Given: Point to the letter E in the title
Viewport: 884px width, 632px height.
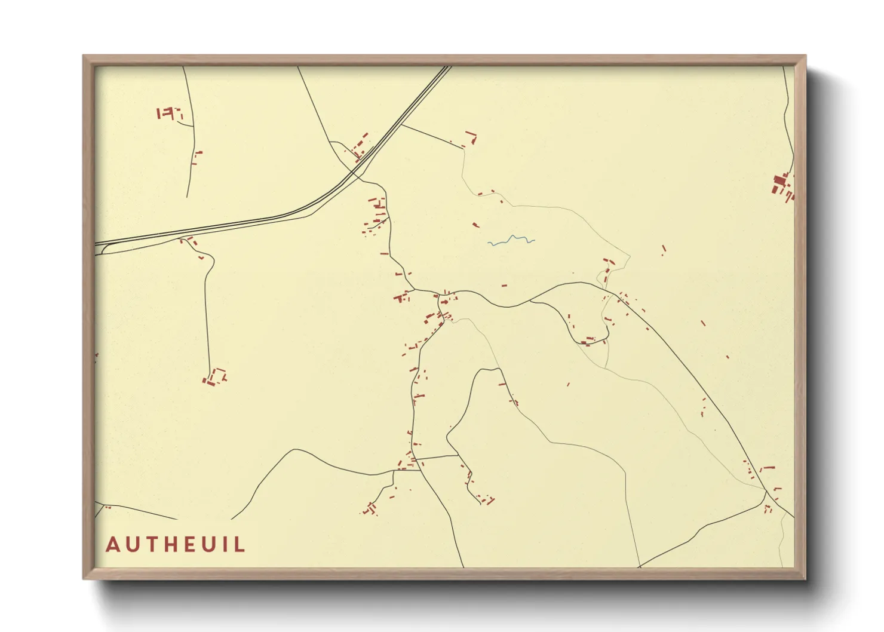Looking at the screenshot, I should (186, 545).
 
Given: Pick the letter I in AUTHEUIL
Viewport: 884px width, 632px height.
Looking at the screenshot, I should (225, 545).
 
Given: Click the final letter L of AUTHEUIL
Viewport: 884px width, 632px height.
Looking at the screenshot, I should (239, 545).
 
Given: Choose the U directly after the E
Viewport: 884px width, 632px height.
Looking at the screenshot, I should (206, 545).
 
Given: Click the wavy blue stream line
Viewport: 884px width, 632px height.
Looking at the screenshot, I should (511, 240).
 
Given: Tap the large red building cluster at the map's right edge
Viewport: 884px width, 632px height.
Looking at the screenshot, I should (781, 183).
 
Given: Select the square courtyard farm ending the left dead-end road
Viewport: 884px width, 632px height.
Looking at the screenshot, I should (216, 377).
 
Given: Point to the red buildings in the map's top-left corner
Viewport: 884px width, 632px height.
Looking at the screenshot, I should (168, 112).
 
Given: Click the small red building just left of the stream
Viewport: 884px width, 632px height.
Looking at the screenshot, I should (475, 225).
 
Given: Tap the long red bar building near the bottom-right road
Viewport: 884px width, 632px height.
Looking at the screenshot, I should (768, 468).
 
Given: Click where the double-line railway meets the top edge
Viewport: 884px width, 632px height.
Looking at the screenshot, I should (448, 67).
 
